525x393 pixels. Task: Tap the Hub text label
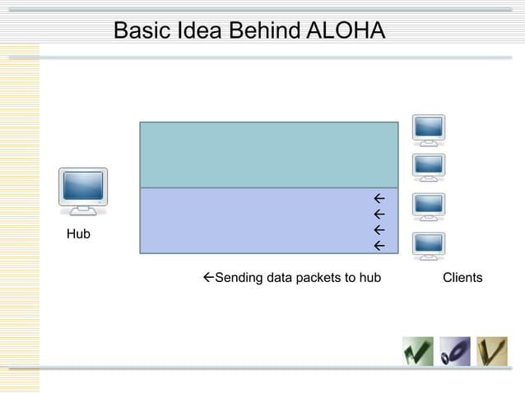click(x=78, y=235)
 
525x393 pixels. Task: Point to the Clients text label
click(x=462, y=278)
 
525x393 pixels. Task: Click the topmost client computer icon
click(x=429, y=129)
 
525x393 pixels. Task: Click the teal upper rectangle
click(x=269, y=155)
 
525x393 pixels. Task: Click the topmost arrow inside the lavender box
click(x=379, y=199)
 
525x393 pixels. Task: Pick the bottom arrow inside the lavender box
click(x=379, y=246)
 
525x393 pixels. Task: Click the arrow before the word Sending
click(x=207, y=278)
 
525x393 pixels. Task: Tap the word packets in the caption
click(x=316, y=278)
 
